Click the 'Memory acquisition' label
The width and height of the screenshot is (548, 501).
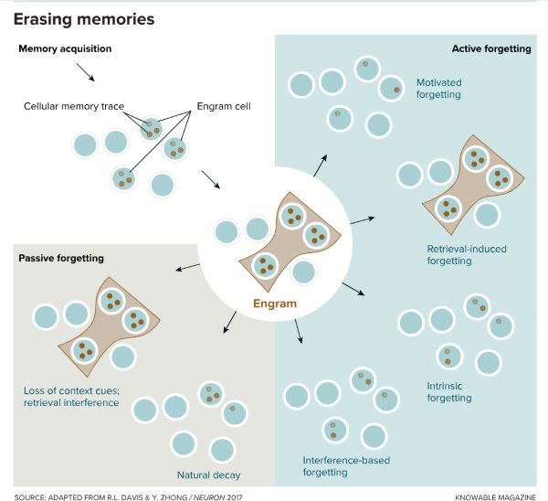(x=67, y=48)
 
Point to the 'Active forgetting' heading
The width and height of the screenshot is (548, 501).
(x=491, y=48)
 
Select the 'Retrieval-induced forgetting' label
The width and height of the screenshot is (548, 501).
(x=466, y=254)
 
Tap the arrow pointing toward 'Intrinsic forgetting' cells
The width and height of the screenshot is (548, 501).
(x=353, y=289)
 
